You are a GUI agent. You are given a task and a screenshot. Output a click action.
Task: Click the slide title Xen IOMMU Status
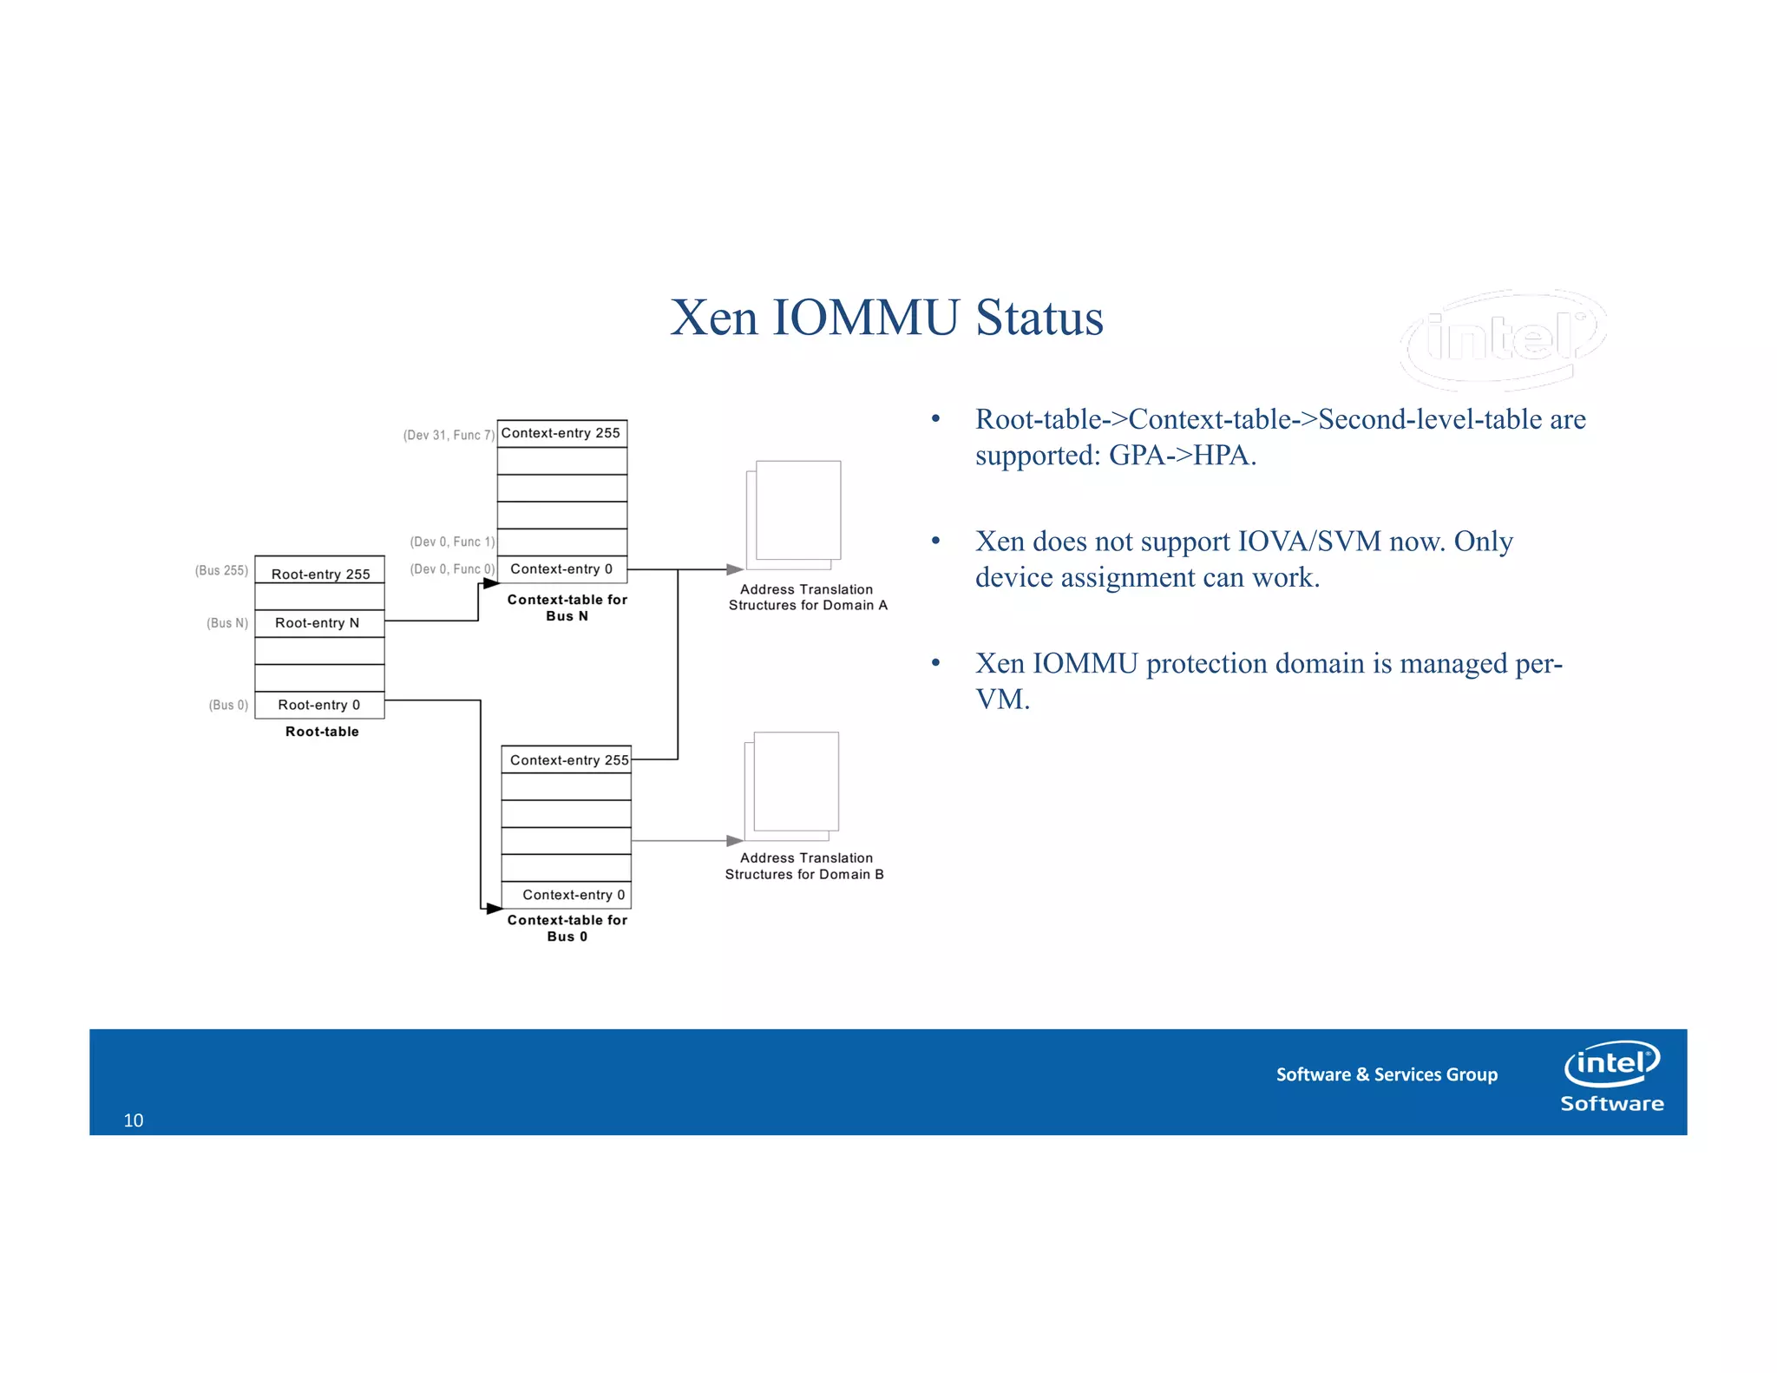(886, 318)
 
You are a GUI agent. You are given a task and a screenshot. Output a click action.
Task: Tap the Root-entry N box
(319, 623)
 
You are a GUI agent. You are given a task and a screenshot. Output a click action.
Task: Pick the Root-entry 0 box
(319, 705)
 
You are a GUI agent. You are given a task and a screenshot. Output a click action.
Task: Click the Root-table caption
(322, 732)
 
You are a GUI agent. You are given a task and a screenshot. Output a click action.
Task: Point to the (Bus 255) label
(221, 570)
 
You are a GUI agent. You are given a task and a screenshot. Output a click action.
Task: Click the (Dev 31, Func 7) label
(449, 435)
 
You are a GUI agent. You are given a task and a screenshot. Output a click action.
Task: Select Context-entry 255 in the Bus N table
(561, 433)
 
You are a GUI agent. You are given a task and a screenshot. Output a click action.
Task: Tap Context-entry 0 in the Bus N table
(561, 569)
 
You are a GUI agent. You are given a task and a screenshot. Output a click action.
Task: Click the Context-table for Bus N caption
(567, 608)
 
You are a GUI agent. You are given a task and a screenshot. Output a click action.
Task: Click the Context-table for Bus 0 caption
(567, 928)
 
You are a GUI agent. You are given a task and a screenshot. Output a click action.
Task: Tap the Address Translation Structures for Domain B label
(804, 866)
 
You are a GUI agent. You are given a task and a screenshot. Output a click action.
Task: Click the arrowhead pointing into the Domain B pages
(735, 840)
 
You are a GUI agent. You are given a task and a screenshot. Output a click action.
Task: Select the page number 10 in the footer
(134, 1120)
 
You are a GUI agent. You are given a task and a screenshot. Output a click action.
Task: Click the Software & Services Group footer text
(1386, 1074)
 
